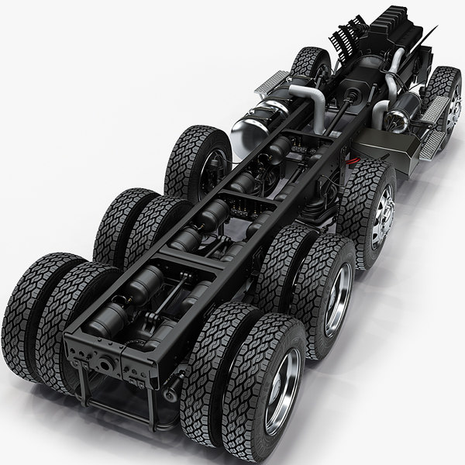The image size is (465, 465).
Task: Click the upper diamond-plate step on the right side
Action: point(437,108)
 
